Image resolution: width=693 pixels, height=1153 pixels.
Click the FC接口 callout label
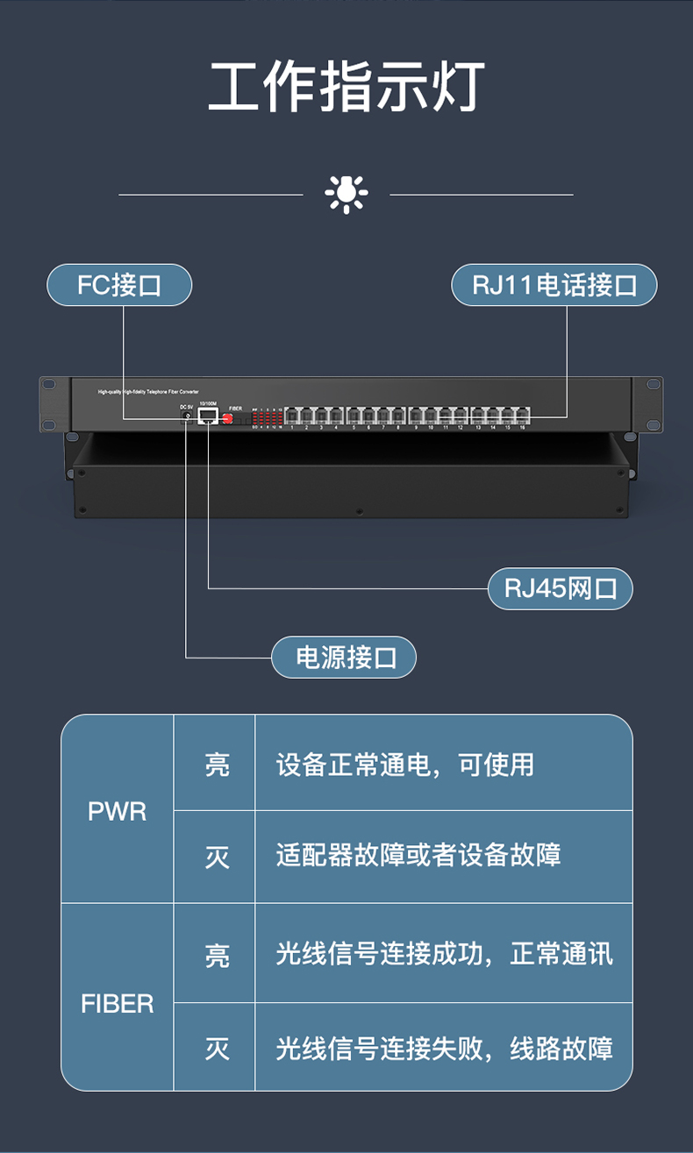coord(119,285)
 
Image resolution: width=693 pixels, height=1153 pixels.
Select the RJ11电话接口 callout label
coord(554,285)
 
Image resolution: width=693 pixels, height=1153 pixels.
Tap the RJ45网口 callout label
coord(560,588)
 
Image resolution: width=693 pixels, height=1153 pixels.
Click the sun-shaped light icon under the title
coord(346,194)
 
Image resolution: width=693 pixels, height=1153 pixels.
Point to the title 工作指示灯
coord(346,88)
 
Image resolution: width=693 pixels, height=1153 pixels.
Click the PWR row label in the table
coord(117,811)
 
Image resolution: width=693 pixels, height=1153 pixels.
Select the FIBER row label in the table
coord(117,1003)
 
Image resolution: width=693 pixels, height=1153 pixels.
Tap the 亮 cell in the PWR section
coord(216,765)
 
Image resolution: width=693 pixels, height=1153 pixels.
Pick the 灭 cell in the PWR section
coord(216,857)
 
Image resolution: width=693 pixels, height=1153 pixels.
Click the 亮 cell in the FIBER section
coord(216,955)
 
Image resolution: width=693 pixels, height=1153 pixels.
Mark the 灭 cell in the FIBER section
coord(216,1049)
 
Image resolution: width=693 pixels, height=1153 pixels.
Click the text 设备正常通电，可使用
coord(404,765)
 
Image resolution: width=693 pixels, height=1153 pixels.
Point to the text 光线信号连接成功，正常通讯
coord(444,954)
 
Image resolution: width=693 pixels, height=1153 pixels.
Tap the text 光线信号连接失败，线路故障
coord(444,1048)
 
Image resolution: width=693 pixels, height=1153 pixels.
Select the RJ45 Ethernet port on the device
coord(208,416)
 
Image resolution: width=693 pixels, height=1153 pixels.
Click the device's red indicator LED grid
coord(267,417)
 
